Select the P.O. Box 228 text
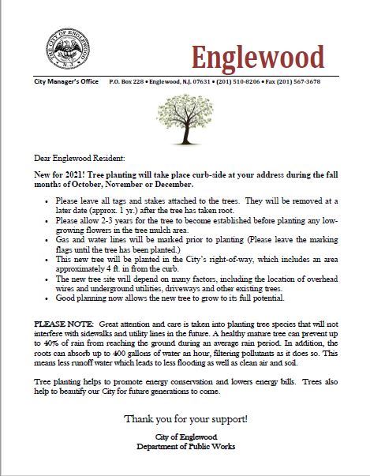tap(127, 81)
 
